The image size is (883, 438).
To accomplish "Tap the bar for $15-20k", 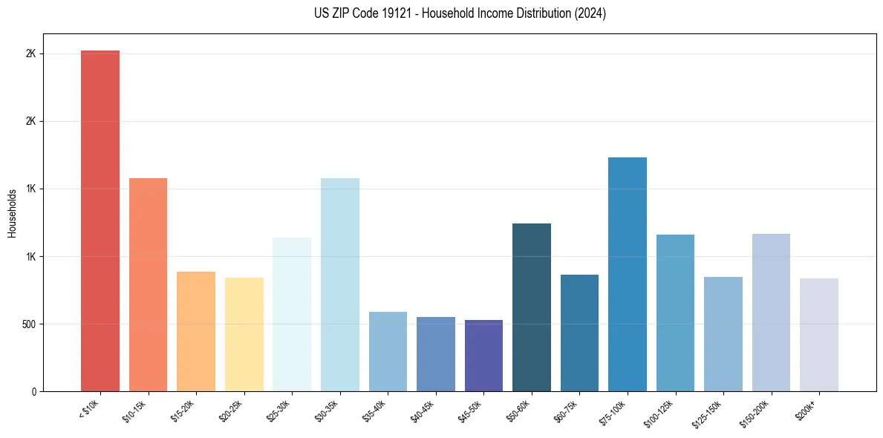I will [x=196, y=331].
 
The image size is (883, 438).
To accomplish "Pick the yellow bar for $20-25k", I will [x=244, y=334].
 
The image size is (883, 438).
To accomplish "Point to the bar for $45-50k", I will [x=483, y=356].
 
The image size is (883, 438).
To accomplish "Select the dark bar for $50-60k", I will [x=532, y=307].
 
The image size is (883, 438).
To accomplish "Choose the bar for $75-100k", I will [x=628, y=274].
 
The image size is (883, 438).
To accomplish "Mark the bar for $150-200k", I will [x=771, y=313].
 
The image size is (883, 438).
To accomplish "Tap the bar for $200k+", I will [x=819, y=335].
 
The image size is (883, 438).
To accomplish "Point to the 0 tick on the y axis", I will [x=34, y=391].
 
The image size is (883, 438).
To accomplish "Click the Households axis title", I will [x=12, y=213].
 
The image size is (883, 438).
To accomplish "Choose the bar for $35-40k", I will [x=388, y=351].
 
